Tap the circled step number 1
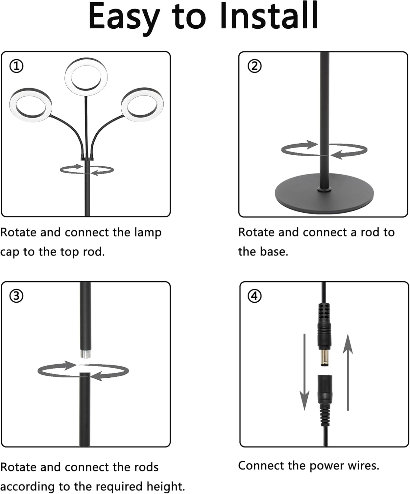point(16,67)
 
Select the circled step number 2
point(254,66)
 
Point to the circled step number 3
point(16,296)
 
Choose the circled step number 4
point(254,296)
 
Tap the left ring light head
point(31,105)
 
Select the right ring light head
point(142,105)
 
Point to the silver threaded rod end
point(85,354)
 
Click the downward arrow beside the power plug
point(304,372)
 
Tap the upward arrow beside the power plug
point(348,372)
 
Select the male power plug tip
point(325,358)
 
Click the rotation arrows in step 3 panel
point(83,371)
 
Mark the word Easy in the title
point(124,16)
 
